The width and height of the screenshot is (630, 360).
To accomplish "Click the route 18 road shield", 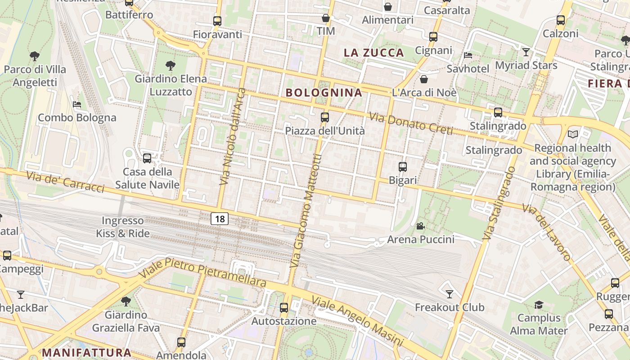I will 220,219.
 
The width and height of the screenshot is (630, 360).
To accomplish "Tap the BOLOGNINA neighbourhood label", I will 324,93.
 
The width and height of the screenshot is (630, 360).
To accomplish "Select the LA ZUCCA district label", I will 373,53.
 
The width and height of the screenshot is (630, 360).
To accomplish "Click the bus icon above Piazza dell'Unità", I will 325,117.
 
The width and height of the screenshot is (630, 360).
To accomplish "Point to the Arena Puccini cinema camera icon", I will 420,226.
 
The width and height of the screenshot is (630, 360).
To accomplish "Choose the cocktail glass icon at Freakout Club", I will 449,294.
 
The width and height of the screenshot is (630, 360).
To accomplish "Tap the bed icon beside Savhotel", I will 468,55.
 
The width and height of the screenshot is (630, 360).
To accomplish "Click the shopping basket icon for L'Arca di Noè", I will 423,80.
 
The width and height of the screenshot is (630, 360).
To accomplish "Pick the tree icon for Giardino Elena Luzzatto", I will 170,66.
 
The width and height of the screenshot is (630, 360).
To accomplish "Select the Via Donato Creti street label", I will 410,123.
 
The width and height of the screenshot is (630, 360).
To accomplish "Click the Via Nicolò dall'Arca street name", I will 233,136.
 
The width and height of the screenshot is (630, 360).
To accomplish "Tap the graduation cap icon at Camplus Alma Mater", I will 539,305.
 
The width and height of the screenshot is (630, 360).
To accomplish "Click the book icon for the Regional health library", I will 572,134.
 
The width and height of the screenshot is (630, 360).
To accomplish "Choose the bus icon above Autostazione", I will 283,308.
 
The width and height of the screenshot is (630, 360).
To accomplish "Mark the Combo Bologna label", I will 77,118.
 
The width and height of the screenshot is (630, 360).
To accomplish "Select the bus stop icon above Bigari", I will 403,167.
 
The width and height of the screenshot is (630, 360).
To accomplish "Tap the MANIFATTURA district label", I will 86,352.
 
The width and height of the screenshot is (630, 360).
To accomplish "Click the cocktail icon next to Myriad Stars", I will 526,52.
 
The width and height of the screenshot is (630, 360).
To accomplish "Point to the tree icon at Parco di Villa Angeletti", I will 35,56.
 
